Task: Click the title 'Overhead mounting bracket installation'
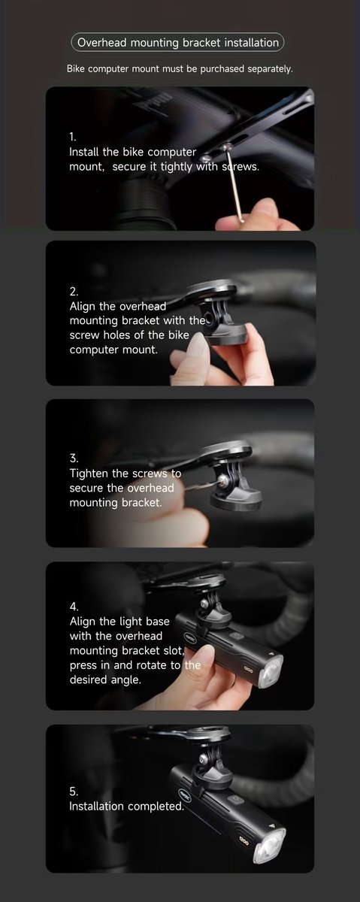[178, 43]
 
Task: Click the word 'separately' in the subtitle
[270, 69]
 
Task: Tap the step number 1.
[72, 137]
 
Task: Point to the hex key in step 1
[234, 183]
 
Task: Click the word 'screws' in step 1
[241, 167]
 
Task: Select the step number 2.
[74, 292]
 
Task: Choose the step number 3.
[74, 459]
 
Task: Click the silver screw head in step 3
[221, 480]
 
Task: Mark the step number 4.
[74, 607]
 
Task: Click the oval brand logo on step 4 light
[190, 637]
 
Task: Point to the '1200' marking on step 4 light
[249, 670]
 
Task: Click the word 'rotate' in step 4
[151, 665]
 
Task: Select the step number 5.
[74, 792]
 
